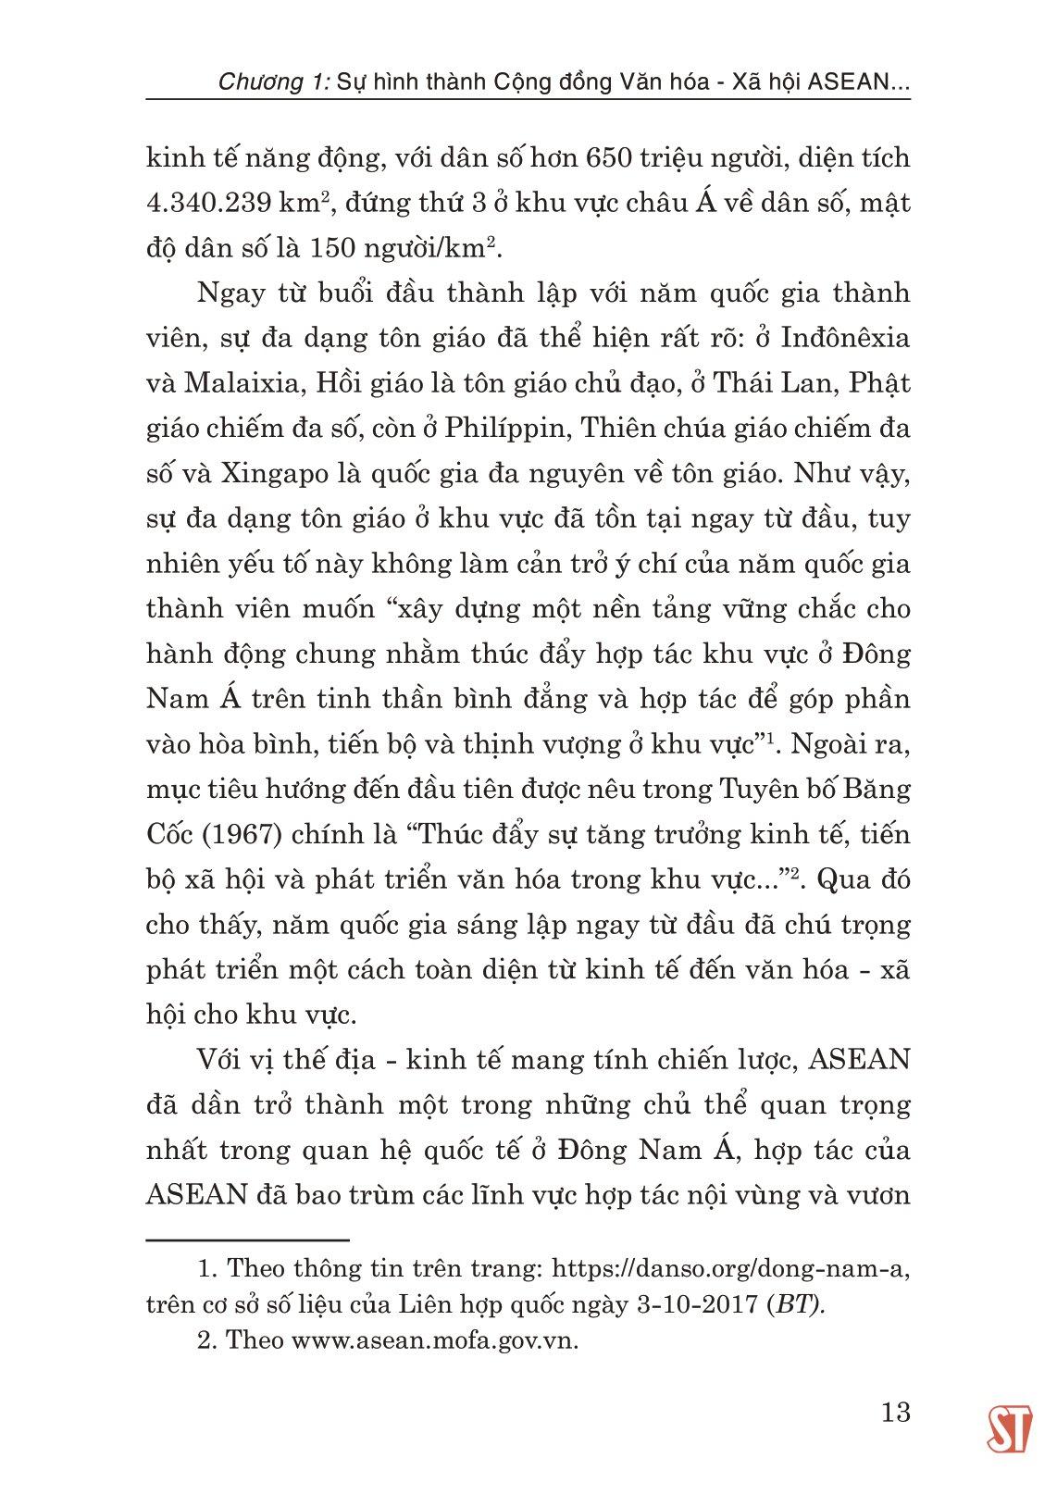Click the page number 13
(896, 1413)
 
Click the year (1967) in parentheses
(237, 835)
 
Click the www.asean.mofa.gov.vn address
(435, 1341)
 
